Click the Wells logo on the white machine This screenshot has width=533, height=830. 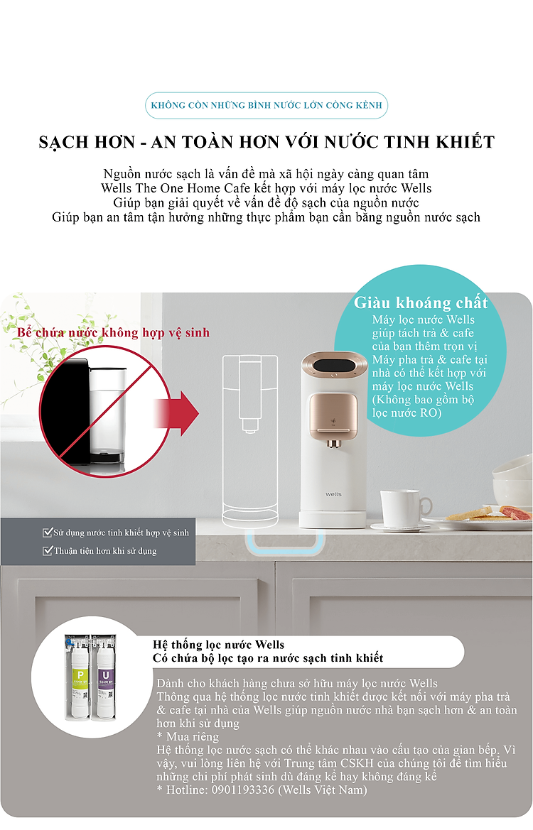coord(333,494)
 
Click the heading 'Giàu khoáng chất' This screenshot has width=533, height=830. coord(421,302)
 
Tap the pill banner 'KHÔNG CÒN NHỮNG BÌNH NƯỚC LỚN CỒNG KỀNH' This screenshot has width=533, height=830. coord(266,105)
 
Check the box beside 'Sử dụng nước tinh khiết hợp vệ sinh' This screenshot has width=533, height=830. coord(47,533)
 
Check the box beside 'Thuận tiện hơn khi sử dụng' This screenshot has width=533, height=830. coord(47,550)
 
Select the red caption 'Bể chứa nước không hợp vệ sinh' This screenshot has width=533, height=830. coord(114,332)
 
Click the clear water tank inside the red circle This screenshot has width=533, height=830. coord(107,414)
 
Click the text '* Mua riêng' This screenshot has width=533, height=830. coord(188,736)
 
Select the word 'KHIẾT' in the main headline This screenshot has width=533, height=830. coord(465,142)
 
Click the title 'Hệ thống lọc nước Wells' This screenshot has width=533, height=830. coord(218,644)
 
